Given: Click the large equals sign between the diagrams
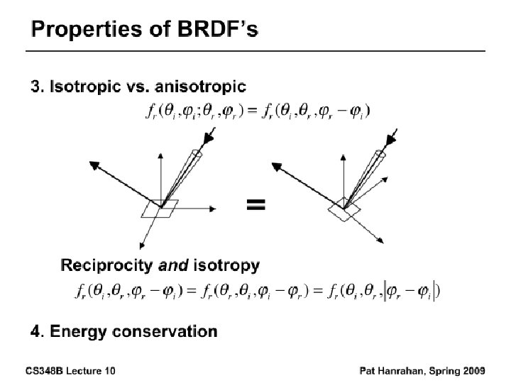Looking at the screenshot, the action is coord(255,204).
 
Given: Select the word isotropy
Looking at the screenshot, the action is coord(226,266).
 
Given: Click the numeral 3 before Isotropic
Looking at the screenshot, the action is coord(35,87).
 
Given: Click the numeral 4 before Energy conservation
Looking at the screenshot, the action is coord(35,331).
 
